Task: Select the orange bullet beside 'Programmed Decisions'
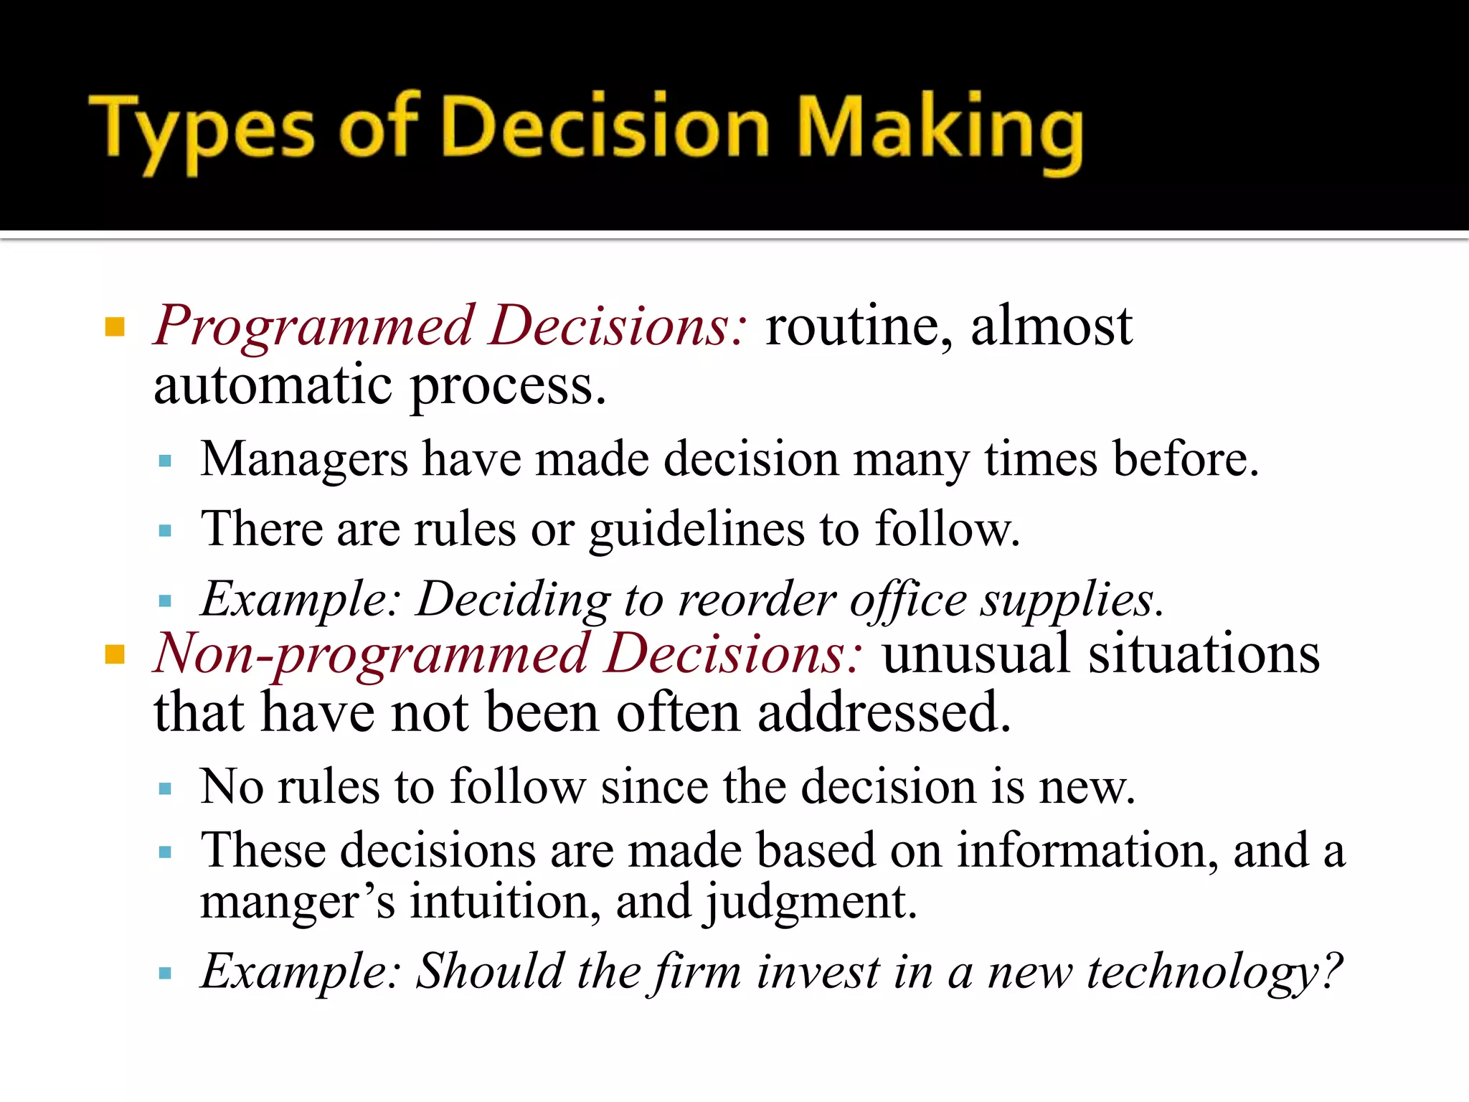pos(115,327)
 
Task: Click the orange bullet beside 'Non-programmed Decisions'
pos(115,654)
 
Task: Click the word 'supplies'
pos(1071,599)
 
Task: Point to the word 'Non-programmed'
pos(372,654)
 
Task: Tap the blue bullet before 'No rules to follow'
pos(166,789)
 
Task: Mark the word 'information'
pos(1087,850)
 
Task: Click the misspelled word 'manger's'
pos(297,902)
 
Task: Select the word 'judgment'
pos(811,902)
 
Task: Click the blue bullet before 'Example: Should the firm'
pos(166,974)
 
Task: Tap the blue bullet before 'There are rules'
pos(166,531)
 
